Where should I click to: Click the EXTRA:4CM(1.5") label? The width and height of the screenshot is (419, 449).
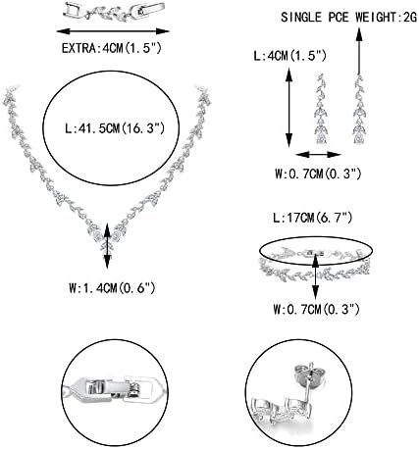click(112, 48)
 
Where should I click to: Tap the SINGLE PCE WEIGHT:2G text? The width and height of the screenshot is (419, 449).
click(349, 17)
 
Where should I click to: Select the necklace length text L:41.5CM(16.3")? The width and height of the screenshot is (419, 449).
click(115, 128)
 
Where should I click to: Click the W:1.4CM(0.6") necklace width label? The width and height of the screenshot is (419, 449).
click(112, 288)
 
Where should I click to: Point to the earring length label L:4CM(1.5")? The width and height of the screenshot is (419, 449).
click(289, 56)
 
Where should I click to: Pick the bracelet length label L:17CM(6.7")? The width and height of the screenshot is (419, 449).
click(313, 218)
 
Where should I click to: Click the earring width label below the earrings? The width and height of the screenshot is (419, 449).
click(318, 174)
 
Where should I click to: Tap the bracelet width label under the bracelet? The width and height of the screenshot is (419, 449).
click(316, 309)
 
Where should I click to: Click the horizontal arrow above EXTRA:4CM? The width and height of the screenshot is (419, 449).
click(113, 31)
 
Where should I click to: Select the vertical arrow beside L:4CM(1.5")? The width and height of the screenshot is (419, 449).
click(288, 107)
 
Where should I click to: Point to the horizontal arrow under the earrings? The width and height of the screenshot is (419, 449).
click(319, 154)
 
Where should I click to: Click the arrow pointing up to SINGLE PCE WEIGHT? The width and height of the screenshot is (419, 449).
click(359, 52)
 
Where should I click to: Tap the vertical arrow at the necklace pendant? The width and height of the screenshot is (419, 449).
click(108, 246)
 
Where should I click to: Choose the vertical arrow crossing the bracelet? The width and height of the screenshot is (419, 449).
click(315, 274)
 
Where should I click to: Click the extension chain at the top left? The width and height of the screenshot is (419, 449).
click(114, 11)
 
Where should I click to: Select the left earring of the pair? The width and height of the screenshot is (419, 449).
click(320, 109)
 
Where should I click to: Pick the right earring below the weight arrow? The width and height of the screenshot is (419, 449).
click(359, 110)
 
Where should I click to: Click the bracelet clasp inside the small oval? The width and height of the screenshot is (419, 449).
click(315, 253)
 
